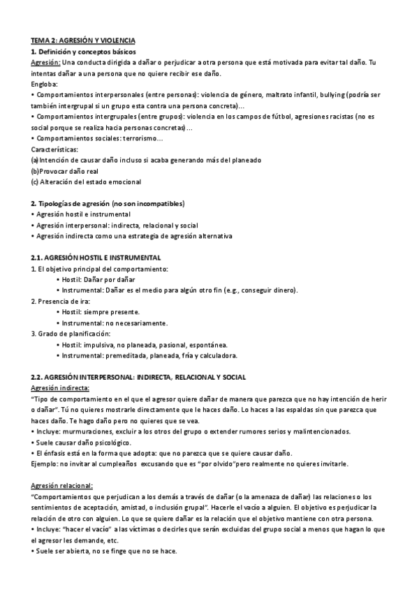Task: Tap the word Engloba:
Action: pyautogui.click(x=46, y=83)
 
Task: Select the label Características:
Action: pyautogui.click(x=55, y=149)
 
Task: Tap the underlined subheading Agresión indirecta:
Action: pyautogui.click(x=60, y=388)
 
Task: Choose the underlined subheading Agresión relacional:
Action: pyautogui.click(x=62, y=486)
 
